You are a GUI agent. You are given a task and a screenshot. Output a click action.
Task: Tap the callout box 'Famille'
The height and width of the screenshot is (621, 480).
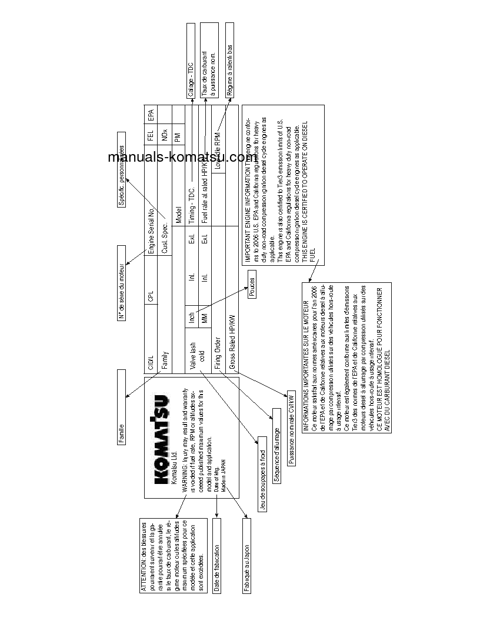click(x=121, y=407)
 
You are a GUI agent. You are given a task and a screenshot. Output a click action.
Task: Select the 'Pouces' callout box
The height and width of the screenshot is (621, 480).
click(x=252, y=288)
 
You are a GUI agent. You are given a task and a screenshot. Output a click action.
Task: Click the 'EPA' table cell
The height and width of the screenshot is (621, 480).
click(x=151, y=115)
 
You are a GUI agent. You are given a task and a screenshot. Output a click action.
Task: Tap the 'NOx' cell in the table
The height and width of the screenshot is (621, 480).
click(x=164, y=132)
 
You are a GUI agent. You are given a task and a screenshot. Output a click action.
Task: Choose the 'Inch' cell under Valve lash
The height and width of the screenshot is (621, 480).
click(x=191, y=318)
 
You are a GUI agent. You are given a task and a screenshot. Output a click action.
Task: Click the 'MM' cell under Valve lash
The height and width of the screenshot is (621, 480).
click(x=205, y=319)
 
